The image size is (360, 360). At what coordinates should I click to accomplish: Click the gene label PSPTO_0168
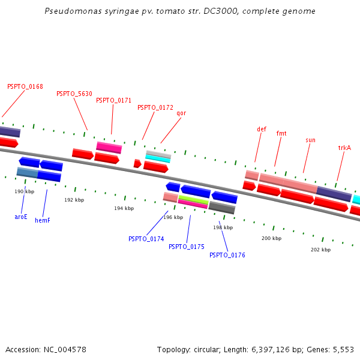pyautogui.click(x=25, y=86)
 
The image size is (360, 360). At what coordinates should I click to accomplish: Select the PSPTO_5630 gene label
pyautogui.click(x=74, y=94)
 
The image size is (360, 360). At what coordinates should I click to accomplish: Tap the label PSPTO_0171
pyautogui.click(x=113, y=100)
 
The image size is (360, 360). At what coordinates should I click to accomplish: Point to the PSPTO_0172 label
pyautogui.click(x=155, y=108)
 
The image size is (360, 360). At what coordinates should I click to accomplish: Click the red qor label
pyautogui.click(x=181, y=113)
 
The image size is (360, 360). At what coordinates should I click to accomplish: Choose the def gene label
pyautogui.click(x=262, y=129)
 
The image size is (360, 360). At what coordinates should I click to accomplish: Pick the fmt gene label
pyautogui.click(x=281, y=133)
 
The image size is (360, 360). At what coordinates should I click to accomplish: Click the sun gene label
pyautogui.click(x=310, y=140)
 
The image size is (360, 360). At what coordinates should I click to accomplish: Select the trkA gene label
pyautogui.click(x=344, y=148)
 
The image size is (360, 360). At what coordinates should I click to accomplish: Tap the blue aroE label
pyautogui.click(x=21, y=217)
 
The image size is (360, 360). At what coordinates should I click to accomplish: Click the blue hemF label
pyautogui.click(x=43, y=220)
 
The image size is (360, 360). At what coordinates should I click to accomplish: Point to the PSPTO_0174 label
pyautogui.click(x=146, y=239)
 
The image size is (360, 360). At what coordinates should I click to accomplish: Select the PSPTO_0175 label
pyautogui.click(x=187, y=247)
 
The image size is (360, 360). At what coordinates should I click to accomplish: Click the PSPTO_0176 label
pyautogui.click(x=227, y=255)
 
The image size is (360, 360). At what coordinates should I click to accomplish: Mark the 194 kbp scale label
pyautogui.click(x=123, y=208)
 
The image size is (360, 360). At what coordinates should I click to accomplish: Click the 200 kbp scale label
pyautogui.click(x=271, y=238)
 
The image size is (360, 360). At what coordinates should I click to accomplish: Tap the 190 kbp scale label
pyautogui.click(x=24, y=191)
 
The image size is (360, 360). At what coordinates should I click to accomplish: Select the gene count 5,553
pyautogui.click(x=343, y=349)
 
